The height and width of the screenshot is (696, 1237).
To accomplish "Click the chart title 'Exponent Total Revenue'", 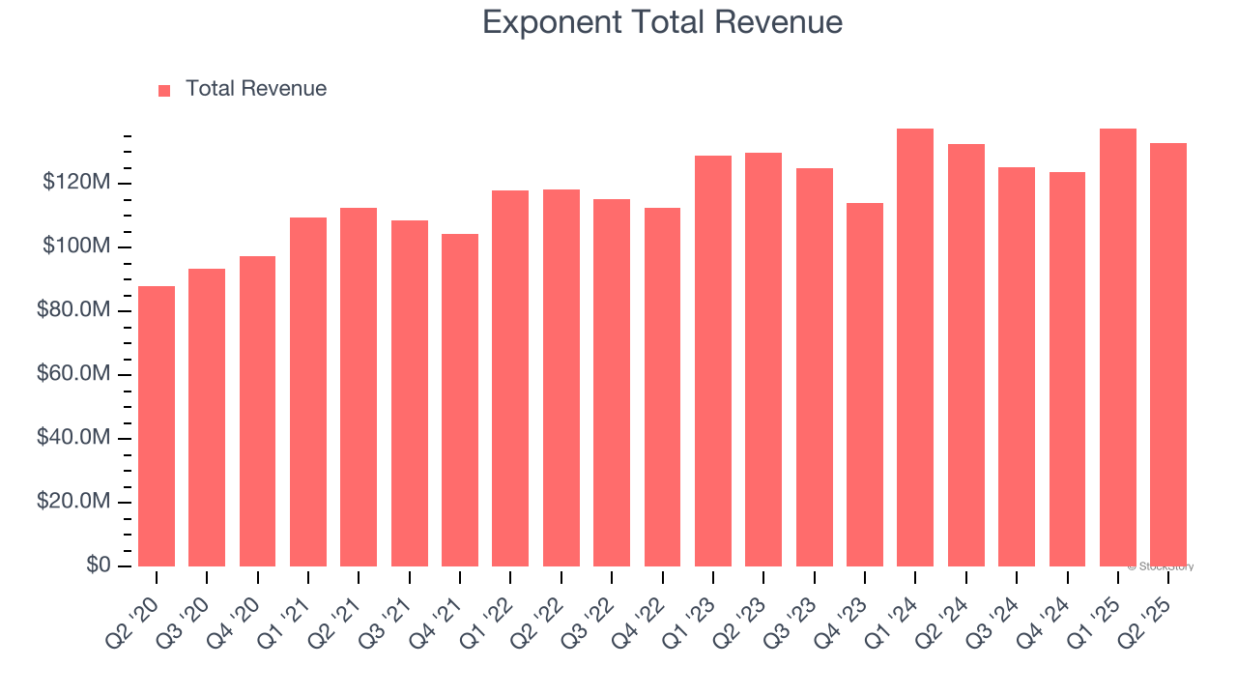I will (x=662, y=22).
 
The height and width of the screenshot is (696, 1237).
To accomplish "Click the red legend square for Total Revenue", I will (x=164, y=90).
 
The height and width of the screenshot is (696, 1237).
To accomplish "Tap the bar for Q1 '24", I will (x=915, y=348).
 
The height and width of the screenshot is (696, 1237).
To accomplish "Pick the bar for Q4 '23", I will (x=865, y=385).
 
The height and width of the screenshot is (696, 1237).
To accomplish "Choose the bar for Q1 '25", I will (x=1118, y=348).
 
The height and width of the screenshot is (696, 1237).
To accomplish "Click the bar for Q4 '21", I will (x=460, y=400).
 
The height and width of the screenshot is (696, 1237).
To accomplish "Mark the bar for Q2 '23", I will (x=763, y=360).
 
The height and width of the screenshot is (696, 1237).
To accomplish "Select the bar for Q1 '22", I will (x=510, y=378).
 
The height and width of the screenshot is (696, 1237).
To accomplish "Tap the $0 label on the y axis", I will (x=99, y=565).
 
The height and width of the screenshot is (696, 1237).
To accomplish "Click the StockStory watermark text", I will (x=1161, y=566).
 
